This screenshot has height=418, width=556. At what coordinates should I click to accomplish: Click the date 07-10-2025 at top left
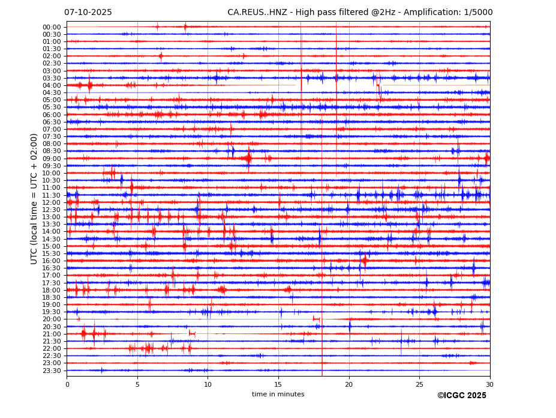(88, 13)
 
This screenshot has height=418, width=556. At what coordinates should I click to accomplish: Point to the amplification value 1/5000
(478, 13)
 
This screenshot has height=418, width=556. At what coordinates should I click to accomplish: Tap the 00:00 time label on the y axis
(52, 27)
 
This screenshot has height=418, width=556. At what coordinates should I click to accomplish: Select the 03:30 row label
(52, 78)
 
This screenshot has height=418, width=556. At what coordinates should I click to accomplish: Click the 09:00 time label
(52, 159)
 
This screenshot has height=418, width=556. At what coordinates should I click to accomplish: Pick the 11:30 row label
(52, 195)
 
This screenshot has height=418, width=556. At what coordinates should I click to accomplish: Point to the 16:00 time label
(52, 261)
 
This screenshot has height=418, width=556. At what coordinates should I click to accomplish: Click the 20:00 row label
(52, 320)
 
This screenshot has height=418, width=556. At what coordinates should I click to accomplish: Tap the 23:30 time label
(52, 371)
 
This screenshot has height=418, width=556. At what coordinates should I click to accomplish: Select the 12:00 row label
(52, 202)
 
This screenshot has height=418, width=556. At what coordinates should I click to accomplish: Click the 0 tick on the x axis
(67, 384)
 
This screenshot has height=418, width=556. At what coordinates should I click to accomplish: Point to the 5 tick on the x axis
(137, 384)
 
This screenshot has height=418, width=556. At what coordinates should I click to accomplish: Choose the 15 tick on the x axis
(278, 384)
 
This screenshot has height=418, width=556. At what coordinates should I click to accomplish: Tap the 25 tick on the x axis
(419, 384)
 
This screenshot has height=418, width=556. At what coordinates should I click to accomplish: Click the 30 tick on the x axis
(490, 384)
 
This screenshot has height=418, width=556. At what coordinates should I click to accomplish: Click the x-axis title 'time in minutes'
(278, 395)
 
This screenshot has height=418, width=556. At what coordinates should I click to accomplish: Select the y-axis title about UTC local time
(34, 199)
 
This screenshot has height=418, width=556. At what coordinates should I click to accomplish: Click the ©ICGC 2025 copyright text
(461, 396)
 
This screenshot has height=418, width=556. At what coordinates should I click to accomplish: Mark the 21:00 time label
(52, 334)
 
